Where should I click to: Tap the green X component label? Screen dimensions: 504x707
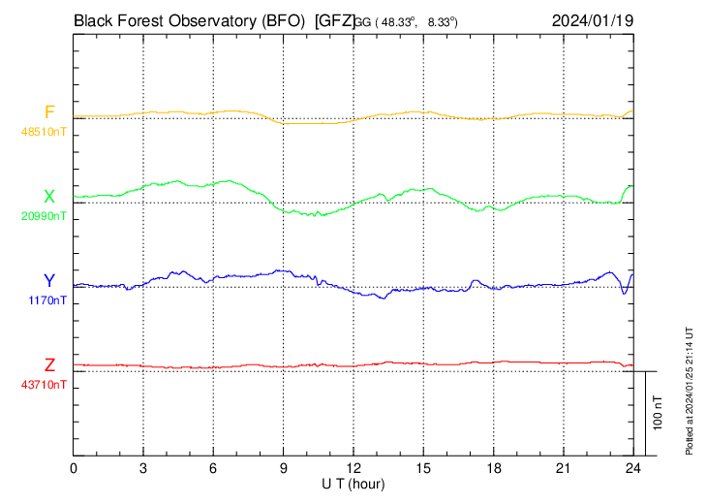coord(49,197)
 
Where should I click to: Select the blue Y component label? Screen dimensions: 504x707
coord(49,281)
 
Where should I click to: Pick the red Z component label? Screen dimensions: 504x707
coord(49,365)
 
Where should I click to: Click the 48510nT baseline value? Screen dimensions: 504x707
coord(45,131)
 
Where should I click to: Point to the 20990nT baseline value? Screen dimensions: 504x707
coord(45,216)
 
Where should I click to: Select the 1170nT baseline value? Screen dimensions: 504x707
coord(47,300)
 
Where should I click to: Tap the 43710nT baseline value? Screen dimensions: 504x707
coord(45,385)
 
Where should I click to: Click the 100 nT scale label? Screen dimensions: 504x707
coord(658,412)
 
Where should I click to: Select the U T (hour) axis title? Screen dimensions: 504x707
coord(353,483)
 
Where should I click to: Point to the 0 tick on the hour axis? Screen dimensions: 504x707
coord(74,468)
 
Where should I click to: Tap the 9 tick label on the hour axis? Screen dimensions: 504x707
coord(284,468)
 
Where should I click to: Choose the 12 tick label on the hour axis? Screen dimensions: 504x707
coord(353,468)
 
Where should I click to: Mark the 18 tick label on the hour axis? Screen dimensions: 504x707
coord(494,468)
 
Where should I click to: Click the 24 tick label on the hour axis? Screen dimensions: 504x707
coord(633,468)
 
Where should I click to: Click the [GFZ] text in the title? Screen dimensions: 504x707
coord(334,19)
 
